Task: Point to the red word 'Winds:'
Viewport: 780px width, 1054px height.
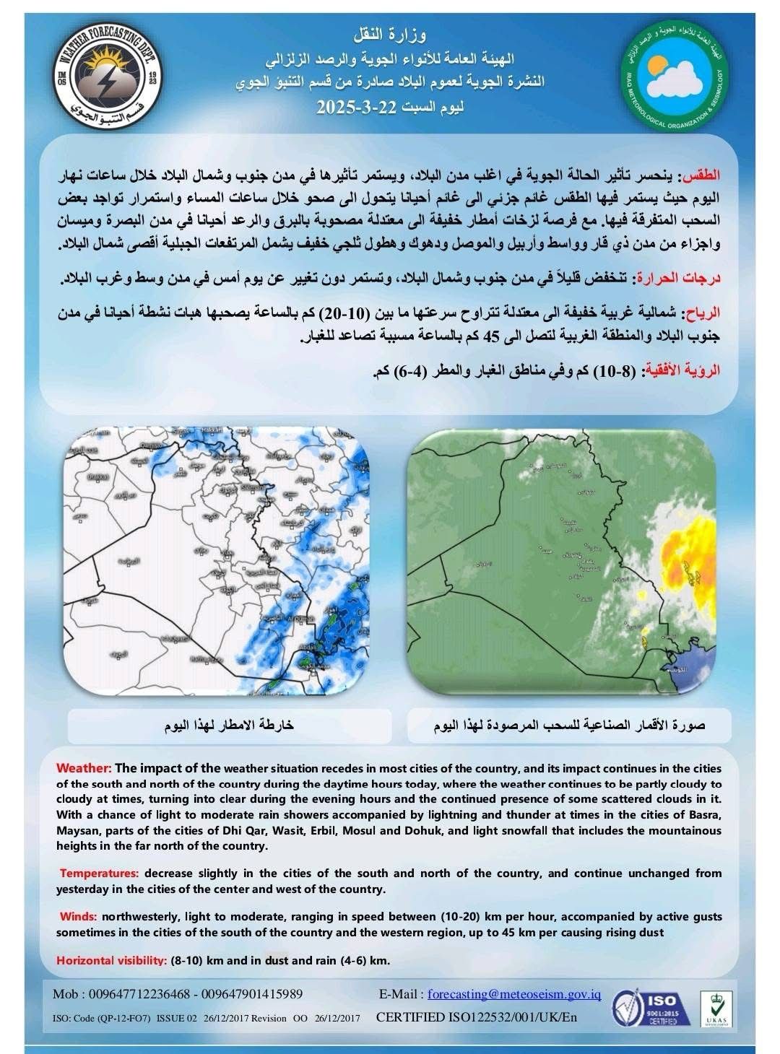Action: pos(78,917)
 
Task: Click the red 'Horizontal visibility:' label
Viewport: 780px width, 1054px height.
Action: pos(111,961)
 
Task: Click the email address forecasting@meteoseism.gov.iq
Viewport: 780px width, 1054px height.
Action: pos(514,994)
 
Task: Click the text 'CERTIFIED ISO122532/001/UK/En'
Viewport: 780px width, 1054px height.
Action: pos(477,1018)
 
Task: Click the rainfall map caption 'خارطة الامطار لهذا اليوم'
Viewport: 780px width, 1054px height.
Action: pos(229,726)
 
